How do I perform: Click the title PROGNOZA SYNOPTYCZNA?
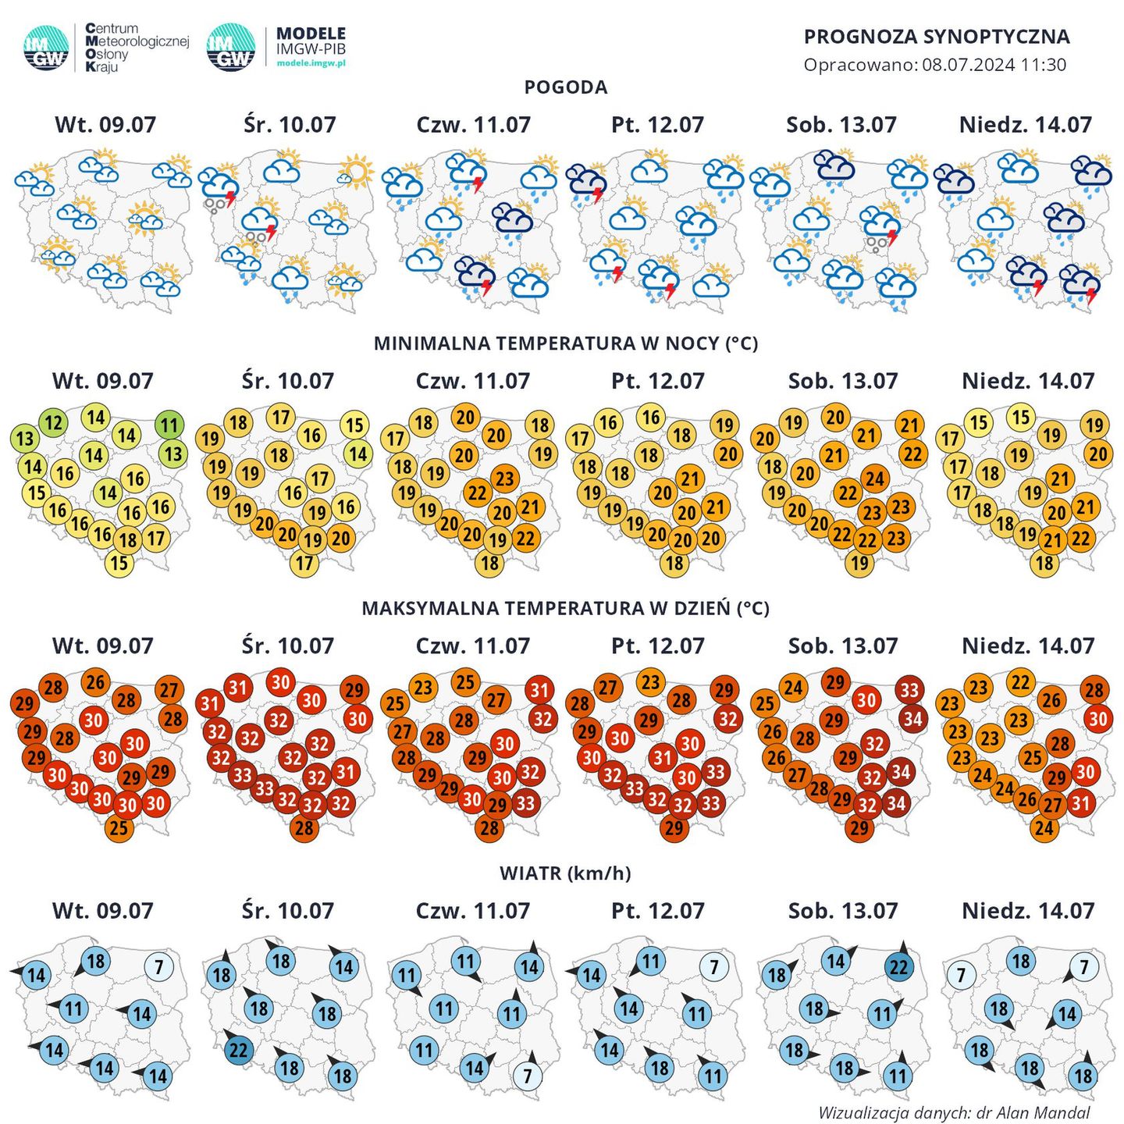pos(937,37)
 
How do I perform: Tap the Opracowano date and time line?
pos(934,65)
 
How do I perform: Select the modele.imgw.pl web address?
pos(311,63)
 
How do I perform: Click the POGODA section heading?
pos(565,87)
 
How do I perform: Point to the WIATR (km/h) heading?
pos(565,873)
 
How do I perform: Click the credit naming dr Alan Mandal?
pos(953,1112)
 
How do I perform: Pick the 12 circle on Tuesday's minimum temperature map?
pos(53,423)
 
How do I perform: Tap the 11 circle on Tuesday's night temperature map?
pos(169,425)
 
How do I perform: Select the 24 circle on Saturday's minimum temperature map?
pos(875,478)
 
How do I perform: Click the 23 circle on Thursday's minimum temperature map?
pos(505,478)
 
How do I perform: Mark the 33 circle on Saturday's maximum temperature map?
pos(909,690)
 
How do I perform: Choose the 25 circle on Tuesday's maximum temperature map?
pos(119,827)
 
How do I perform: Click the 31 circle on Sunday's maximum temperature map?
pos(1080,802)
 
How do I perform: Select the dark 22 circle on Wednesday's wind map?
pos(239,1050)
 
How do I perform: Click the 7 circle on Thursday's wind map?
pos(528,1076)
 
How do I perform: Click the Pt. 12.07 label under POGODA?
pos(657,125)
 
